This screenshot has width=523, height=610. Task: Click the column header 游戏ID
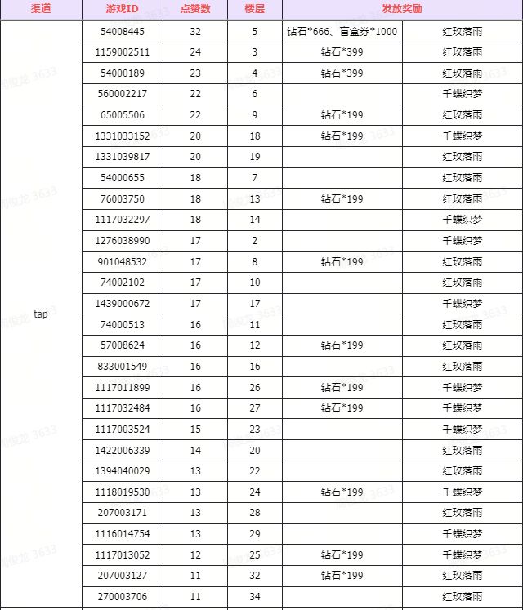[x=123, y=10]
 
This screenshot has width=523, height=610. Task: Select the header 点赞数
[x=195, y=10]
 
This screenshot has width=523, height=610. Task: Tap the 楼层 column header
[x=254, y=10]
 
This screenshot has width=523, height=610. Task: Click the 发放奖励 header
[x=401, y=10]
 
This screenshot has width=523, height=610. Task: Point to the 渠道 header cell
[x=41, y=10]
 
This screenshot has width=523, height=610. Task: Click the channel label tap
[x=41, y=314]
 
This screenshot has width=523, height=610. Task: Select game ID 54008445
[x=123, y=31]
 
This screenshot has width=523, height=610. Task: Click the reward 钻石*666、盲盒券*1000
[x=342, y=31]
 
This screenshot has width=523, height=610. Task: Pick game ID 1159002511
[x=123, y=51]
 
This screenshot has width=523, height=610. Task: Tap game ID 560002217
[x=123, y=94]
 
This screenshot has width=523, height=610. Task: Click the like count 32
[x=195, y=31]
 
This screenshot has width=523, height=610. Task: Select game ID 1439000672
[x=123, y=303]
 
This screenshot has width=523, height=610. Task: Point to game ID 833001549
[x=123, y=366]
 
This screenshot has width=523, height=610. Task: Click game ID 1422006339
[x=123, y=450]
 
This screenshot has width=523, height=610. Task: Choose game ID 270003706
[x=123, y=597]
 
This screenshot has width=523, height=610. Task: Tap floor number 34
[x=254, y=597]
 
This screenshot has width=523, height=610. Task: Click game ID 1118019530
[x=123, y=492]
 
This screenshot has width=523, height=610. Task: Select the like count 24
[x=195, y=51]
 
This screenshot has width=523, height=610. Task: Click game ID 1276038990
[x=123, y=240]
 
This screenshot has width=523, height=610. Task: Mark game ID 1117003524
[x=123, y=429]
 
